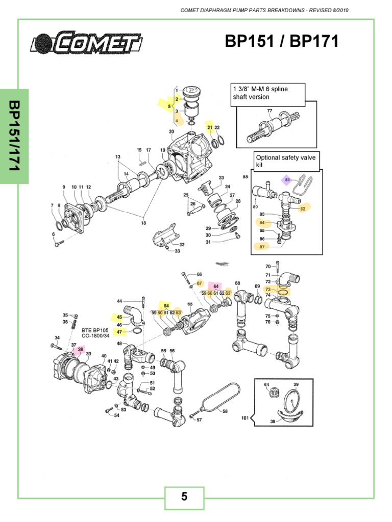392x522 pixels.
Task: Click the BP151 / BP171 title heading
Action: [282, 42]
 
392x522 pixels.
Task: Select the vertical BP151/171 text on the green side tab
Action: [14, 136]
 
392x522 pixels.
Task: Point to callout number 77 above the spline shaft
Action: [270, 111]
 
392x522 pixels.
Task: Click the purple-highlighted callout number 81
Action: [287, 180]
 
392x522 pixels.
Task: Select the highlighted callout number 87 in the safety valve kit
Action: [262, 247]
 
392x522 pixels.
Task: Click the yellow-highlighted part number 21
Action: [209, 127]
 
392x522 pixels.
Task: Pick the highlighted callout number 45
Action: [119, 317]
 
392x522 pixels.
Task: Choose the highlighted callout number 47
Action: [119, 332]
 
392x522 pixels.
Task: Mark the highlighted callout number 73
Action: [268, 289]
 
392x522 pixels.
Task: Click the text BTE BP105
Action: [95, 330]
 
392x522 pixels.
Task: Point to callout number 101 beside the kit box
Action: [245, 418]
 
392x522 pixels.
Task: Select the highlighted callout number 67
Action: [200, 283]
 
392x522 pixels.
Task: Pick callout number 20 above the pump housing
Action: [171, 132]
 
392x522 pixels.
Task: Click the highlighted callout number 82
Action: [303, 208]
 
